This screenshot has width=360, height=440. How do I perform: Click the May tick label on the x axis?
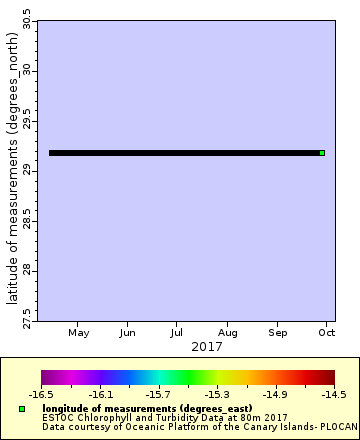click(79, 332)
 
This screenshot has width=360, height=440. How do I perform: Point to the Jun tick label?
click(127, 332)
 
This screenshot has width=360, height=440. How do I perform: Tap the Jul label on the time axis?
click(176, 332)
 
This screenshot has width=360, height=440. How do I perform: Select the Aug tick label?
click(228, 332)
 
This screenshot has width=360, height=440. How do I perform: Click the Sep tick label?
click(279, 332)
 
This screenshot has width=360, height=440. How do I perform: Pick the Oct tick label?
click(326, 332)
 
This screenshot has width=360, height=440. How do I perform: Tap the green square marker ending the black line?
click(322, 153)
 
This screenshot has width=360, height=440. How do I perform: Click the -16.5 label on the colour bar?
click(42, 395)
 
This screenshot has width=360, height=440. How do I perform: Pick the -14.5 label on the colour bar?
click(334, 395)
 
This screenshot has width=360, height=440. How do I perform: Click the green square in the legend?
click(21, 409)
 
